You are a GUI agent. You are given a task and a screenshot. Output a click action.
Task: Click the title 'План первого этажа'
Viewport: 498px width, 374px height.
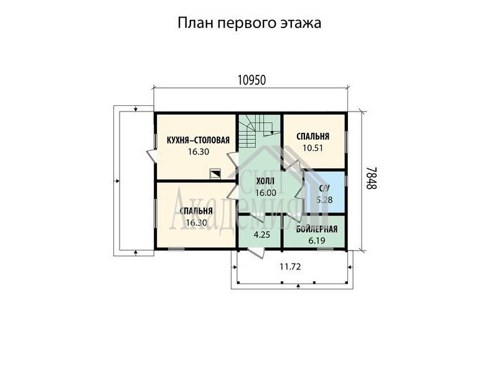[250, 23]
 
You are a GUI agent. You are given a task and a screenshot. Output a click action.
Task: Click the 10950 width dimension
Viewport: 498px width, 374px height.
[251, 80]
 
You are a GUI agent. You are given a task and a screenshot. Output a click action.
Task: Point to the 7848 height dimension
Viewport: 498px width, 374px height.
[371, 178]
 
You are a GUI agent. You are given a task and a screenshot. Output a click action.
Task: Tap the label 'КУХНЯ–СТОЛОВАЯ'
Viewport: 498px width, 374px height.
[198, 140]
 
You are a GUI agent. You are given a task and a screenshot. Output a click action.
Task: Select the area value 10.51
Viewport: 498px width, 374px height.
[313, 148]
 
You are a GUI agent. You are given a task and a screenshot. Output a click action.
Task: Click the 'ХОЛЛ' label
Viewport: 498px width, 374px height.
[266, 181]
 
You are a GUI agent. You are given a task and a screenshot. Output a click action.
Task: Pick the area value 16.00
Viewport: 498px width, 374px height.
[266, 193]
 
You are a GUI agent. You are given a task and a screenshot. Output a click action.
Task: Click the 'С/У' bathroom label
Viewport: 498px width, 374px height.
[324, 189]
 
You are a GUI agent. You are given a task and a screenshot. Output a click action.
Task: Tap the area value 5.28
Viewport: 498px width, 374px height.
[324, 200]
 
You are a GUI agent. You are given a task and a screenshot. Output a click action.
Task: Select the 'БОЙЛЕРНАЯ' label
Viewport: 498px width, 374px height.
[317, 229]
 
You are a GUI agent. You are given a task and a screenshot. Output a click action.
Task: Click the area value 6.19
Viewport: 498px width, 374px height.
[317, 241]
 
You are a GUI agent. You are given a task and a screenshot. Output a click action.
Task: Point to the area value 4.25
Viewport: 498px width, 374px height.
[262, 235]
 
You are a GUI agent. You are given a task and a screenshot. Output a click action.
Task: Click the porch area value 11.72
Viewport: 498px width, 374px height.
[290, 267]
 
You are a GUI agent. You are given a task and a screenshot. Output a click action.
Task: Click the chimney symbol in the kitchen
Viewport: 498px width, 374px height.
[215, 174]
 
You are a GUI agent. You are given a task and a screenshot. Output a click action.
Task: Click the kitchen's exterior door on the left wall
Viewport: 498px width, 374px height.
[151, 156]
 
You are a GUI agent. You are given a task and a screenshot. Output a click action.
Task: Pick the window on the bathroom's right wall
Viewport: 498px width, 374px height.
[346, 180]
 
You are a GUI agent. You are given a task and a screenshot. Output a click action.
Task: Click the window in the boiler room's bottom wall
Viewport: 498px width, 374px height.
[326, 249]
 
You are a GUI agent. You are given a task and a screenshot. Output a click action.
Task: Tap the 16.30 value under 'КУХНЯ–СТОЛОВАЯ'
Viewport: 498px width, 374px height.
[199, 151]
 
